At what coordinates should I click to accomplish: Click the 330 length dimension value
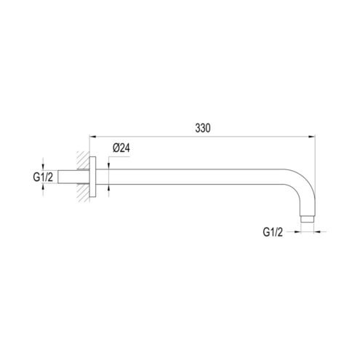pyautogui.click(x=203, y=128)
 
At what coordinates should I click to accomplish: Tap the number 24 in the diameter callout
pyautogui.click(x=124, y=148)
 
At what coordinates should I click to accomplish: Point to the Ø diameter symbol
pyautogui.click(x=116, y=148)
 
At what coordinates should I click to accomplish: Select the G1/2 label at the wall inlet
pyautogui.click(x=43, y=177)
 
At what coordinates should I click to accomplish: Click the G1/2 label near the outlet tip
pyautogui.click(x=273, y=232)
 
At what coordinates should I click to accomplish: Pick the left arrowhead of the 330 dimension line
pyautogui.click(x=93, y=137)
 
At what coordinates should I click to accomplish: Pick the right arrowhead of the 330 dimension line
pyautogui.click(x=312, y=137)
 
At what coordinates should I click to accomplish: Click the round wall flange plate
pyautogui.click(x=92, y=177)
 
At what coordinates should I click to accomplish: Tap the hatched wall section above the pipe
pyautogui.click(x=83, y=160)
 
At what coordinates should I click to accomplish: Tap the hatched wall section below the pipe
pyautogui.click(x=83, y=193)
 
